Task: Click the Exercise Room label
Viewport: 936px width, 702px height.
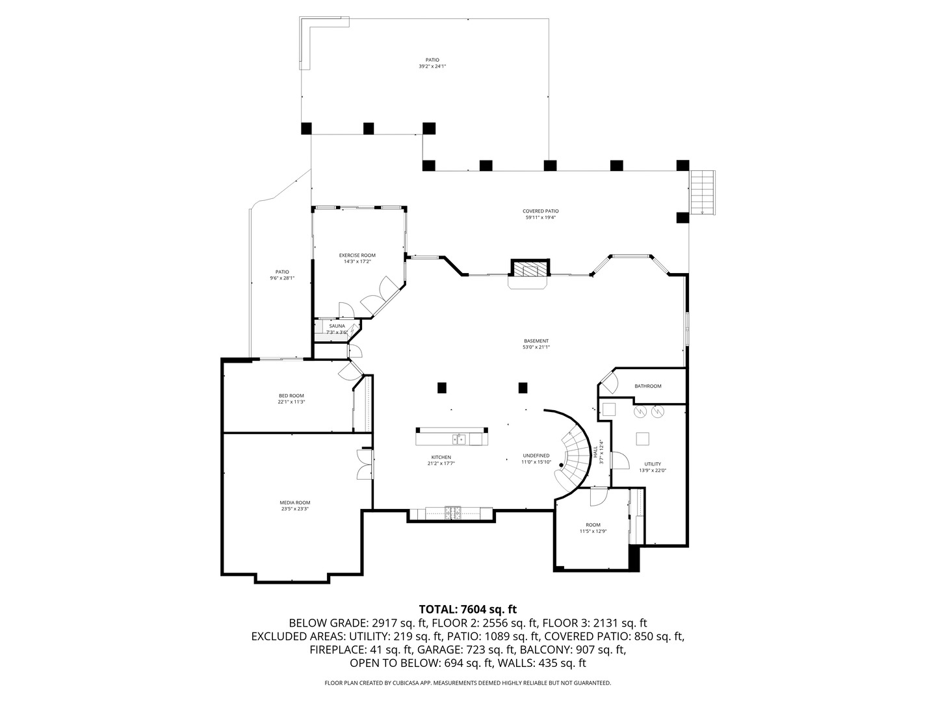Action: click(357, 255)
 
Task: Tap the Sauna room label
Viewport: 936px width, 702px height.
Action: click(337, 326)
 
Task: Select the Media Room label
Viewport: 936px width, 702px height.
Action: click(294, 502)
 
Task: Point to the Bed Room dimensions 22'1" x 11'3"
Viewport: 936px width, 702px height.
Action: click(291, 402)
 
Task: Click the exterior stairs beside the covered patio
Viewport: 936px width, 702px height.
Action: click(703, 192)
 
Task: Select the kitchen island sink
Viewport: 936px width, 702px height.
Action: click(459, 439)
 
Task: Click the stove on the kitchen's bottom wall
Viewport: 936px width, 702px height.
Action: click(452, 513)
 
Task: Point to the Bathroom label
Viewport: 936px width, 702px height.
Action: click(647, 386)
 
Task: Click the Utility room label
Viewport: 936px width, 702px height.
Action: click(653, 464)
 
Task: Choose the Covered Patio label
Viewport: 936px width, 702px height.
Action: click(540, 211)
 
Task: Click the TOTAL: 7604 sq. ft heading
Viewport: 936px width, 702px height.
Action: click(467, 609)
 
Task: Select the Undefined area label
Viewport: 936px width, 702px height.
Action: click(536, 456)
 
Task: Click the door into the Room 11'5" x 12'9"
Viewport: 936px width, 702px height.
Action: click(597, 497)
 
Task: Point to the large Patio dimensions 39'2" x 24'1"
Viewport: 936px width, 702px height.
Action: click(432, 66)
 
